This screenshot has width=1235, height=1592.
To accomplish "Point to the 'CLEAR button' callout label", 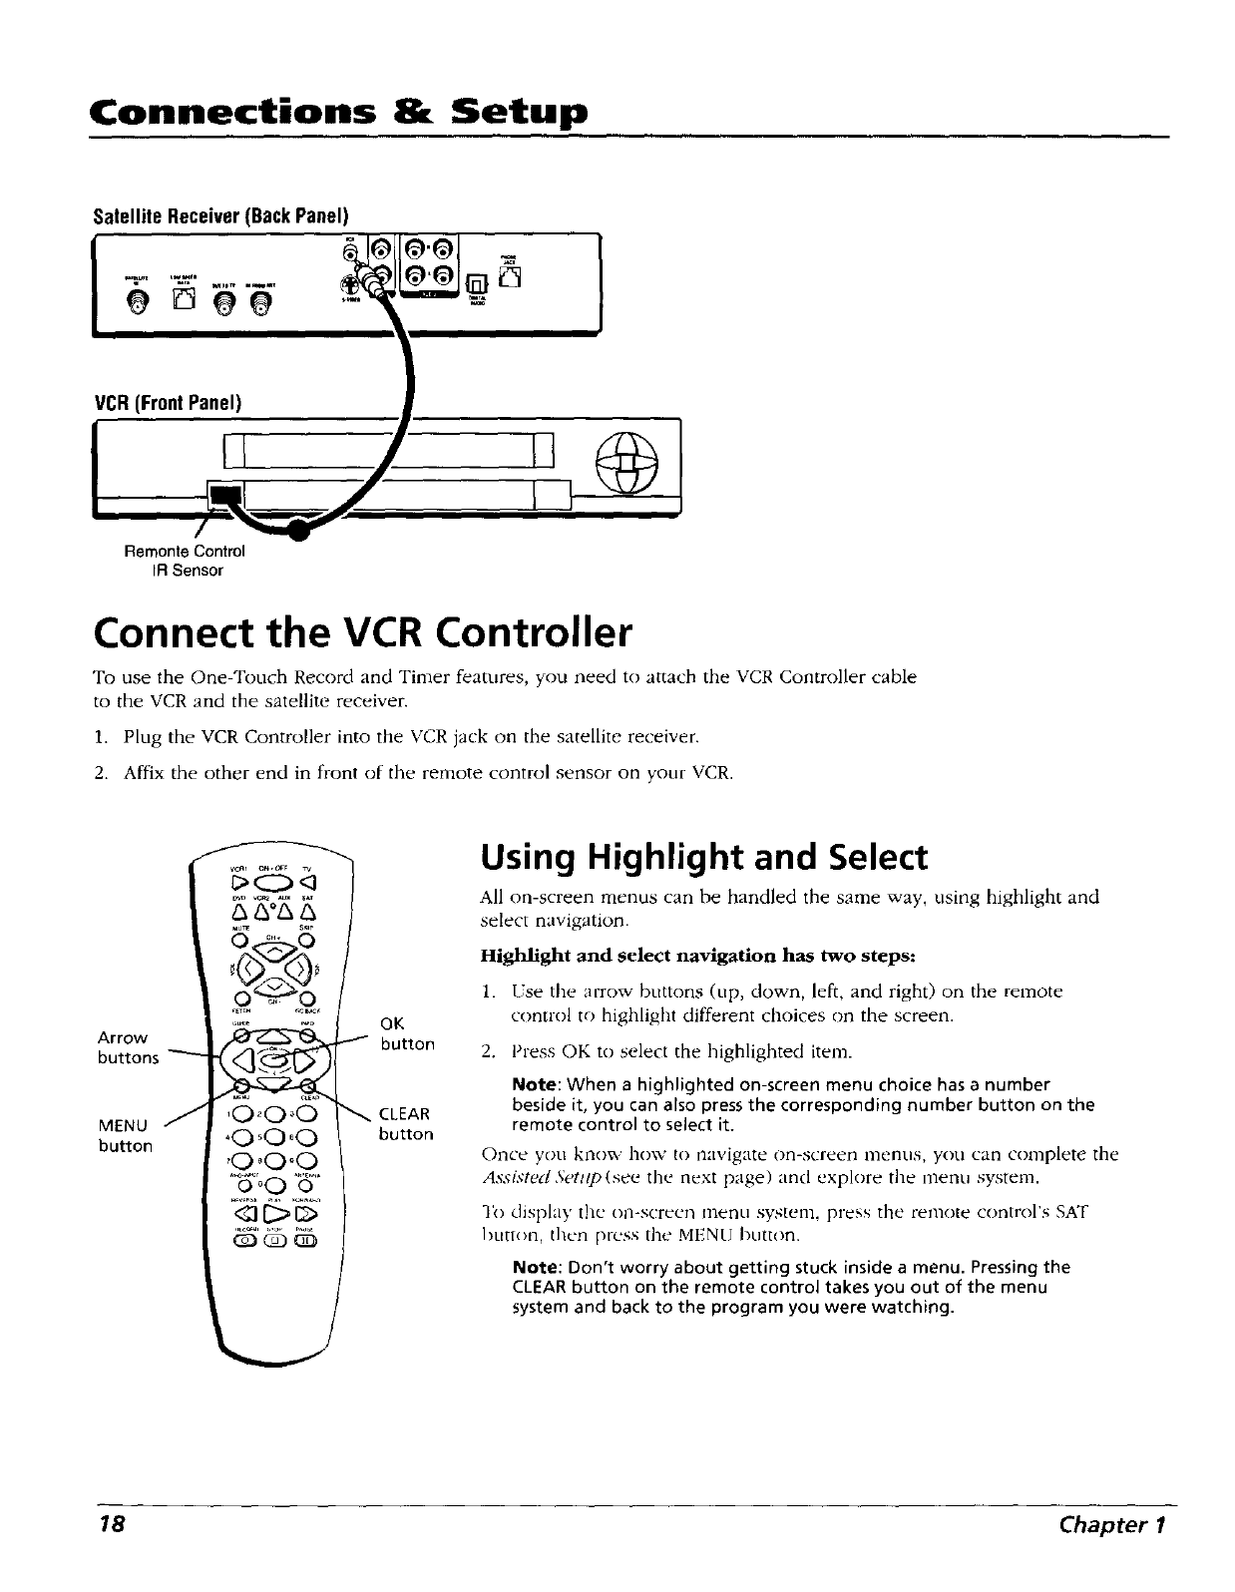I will coord(405,1124).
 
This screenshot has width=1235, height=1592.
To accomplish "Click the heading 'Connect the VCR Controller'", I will coord(362,631).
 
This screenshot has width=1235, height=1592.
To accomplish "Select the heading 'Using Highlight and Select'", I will coord(703,857).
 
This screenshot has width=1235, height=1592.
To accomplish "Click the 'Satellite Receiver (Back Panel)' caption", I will coord(219,215).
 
